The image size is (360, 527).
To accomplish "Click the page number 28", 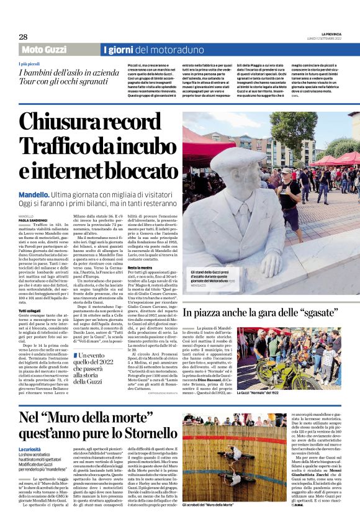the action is pos(23,37).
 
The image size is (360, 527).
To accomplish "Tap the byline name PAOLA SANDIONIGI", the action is pos(34,220).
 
